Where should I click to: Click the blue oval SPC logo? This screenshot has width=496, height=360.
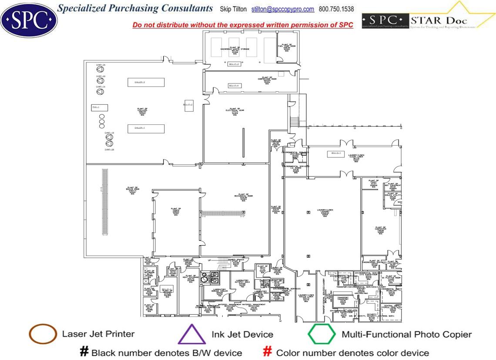(29, 19)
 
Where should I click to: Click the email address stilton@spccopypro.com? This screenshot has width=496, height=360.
(283, 9)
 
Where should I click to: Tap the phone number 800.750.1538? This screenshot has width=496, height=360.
(336, 9)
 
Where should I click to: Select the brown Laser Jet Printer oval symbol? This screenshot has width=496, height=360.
(43, 334)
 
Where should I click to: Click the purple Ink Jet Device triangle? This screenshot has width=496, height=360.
(191, 335)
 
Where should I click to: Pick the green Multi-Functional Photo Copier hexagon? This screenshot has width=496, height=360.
(322, 334)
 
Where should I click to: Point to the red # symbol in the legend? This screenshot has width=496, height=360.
(268, 352)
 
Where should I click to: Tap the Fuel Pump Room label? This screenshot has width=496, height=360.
(287, 47)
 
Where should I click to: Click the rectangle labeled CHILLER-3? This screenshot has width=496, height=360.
(146, 82)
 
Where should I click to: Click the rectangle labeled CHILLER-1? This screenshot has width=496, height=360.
(146, 128)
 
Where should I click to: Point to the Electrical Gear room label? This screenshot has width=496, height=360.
(235, 112)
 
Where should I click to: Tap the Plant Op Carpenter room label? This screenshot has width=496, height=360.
(381, 230)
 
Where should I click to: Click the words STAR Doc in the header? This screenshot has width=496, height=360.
(431, 20)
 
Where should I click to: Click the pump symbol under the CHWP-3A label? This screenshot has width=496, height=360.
(100, 69)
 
